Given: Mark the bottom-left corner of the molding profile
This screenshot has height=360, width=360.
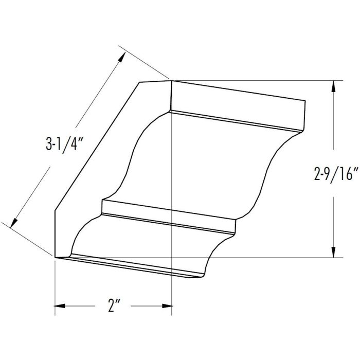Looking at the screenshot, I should coord(55,257).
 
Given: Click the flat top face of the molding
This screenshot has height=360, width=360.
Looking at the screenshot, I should coord(237,103).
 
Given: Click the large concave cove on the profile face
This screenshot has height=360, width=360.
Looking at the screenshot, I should coord(149,154).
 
